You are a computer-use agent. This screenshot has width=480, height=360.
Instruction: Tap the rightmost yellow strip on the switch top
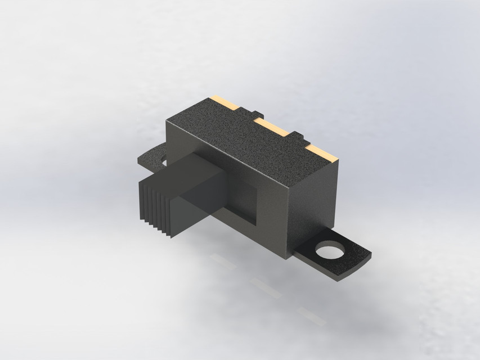322,152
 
